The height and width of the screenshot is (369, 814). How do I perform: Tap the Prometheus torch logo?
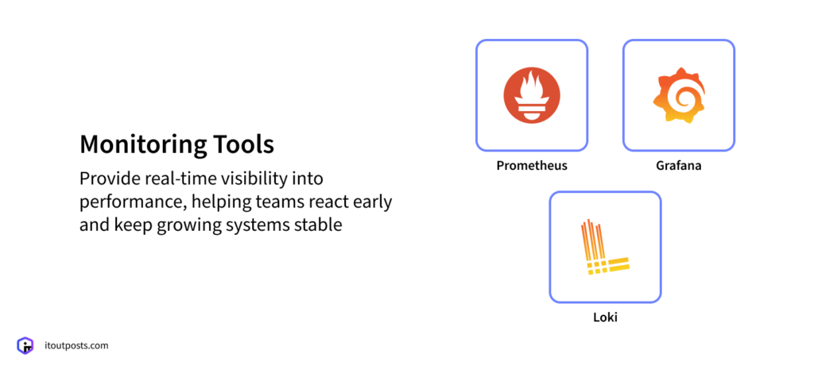point(532,95)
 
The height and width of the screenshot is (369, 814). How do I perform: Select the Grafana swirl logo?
point(678,95)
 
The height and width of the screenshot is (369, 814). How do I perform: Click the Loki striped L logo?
point(604,247)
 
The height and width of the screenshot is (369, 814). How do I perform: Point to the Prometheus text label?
point(532,166)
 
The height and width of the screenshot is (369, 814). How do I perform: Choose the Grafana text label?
point(678,166)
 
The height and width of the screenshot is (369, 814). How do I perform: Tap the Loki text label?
point(605,317)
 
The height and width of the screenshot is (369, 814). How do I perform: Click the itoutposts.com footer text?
point(76,346)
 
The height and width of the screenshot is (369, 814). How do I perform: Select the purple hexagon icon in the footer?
point(25,346)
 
